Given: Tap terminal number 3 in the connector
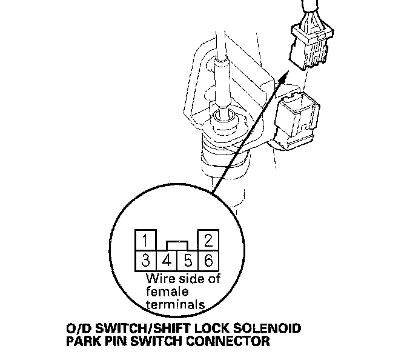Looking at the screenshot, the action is (145, 261).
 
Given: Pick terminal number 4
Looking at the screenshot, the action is (166, 262).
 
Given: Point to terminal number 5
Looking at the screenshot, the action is (187, 262).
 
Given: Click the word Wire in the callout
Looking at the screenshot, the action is (159, 279).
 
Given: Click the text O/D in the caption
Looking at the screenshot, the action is (75, 329).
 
